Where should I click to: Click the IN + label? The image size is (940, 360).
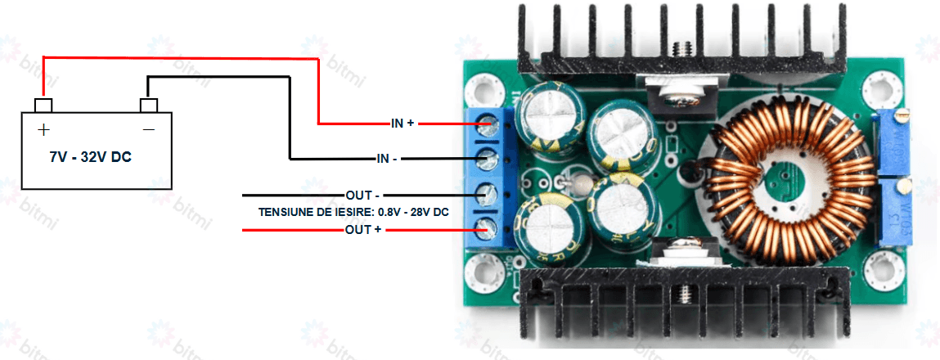(x=403, y=124)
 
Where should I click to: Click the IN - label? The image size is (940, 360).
(x=387, y=159)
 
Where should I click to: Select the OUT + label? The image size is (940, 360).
(x=363, y=231)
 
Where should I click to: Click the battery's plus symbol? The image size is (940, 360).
(x=43, y=129)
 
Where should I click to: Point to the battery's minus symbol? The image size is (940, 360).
(x=149, y=129)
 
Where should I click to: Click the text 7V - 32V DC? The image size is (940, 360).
(x=90, y=156)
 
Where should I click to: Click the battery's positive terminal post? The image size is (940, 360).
(x=43, y=105)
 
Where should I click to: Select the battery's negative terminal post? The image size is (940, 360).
(x=149, y=106)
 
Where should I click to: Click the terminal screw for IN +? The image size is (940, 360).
(x=488, y=124)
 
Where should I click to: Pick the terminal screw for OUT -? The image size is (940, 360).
(x=488, y=195)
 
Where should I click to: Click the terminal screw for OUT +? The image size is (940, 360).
(x=488, y=229)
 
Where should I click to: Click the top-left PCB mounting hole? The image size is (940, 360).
(x=485, y=87)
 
